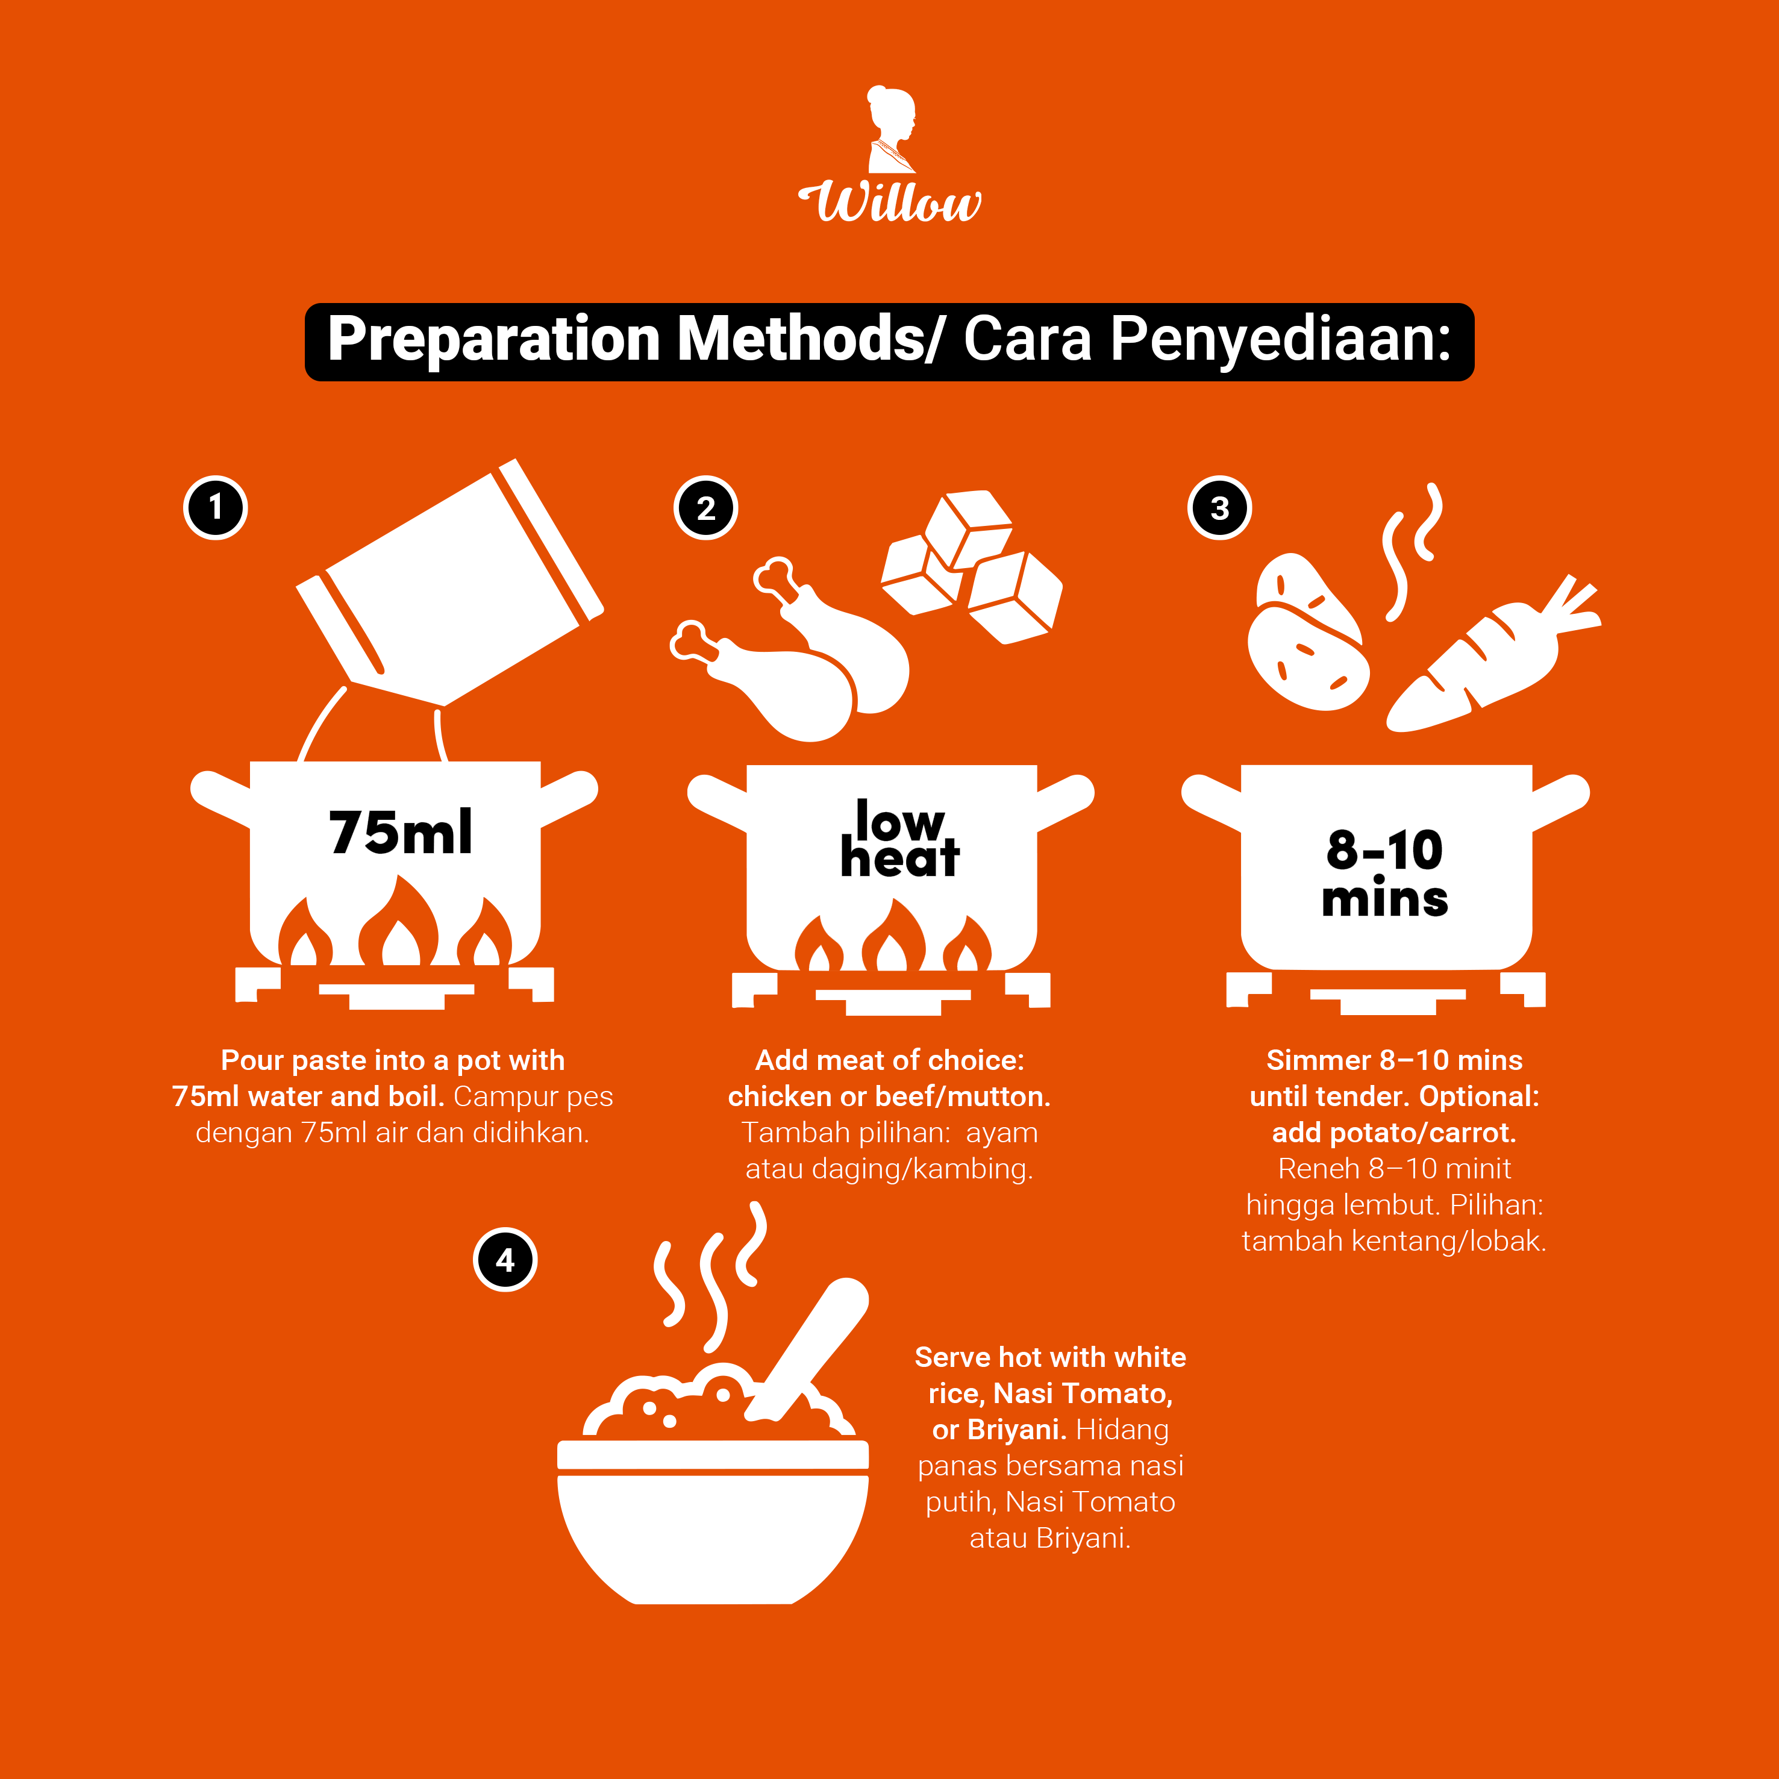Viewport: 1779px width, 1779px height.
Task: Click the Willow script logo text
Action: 889,202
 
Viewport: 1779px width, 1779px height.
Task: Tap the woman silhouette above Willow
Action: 892,129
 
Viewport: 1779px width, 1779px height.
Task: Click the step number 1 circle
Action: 216,507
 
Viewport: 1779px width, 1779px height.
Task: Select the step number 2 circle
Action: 705,507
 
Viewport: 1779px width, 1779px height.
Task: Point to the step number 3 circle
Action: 1219,507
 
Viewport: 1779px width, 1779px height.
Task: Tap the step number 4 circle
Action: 505,1260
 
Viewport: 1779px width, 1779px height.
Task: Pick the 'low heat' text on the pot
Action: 899,838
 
